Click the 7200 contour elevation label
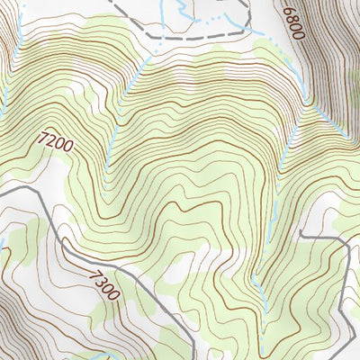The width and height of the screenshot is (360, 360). [x=56, y=140]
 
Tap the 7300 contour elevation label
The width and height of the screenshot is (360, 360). [x=104, y=282]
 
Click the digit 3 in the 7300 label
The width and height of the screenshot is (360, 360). [x=100, y=277]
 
